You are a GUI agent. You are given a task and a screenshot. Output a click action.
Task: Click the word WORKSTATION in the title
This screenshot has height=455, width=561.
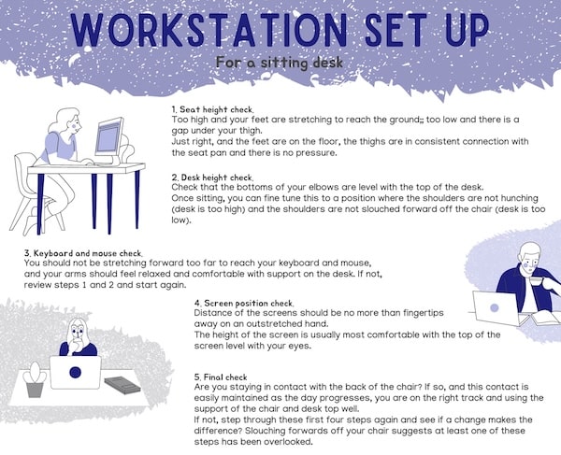[x=209, y=30]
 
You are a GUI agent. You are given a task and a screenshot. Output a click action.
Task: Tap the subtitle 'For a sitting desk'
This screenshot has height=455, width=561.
[x=280, y=63]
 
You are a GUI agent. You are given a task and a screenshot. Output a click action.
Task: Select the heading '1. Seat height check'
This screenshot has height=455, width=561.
[x=212, y=109]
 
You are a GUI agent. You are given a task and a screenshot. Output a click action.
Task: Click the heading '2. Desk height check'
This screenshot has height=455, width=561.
[x=212, y=178]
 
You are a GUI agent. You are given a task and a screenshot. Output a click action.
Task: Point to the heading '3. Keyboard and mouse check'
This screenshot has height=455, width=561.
[x=83, y=253]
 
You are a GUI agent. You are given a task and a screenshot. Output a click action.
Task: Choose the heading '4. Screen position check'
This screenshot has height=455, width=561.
[x=244, y=303]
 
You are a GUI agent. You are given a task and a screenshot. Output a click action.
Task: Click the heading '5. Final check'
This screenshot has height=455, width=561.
[x=221, y=377]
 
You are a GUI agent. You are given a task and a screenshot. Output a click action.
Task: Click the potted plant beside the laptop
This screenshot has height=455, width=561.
[x=35, y=379]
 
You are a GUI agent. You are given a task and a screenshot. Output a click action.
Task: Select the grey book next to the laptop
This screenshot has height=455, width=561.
[x=122, y=385]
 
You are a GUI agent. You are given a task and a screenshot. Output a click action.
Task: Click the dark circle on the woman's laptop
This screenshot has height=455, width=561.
[x=75, y=373]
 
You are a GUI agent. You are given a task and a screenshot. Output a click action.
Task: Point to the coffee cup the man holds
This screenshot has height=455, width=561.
[x=536, y=280]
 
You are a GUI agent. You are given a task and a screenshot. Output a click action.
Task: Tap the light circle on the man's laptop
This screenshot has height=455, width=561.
[x=494, y=307]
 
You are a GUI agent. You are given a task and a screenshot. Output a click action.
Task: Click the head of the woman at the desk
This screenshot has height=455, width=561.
[x=68, y=121]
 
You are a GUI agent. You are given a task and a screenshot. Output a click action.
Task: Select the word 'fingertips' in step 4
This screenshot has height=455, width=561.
[x=424, y=313]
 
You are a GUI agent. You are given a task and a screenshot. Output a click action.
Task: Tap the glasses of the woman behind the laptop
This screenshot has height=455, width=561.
[x=77, y=332]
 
